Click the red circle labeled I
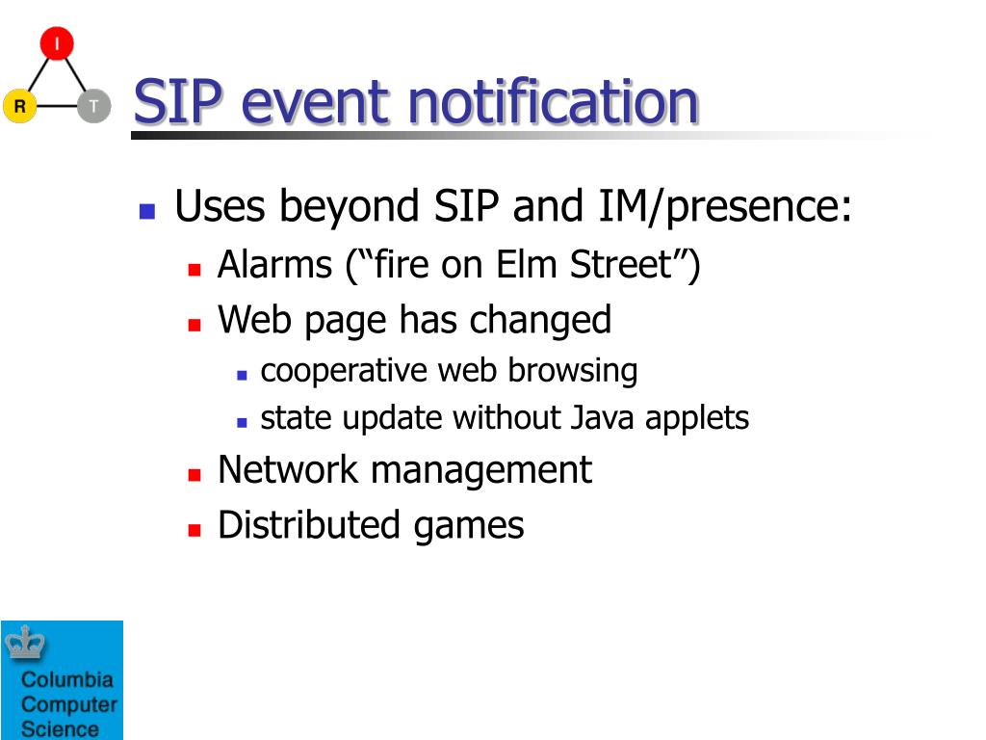tap(57, 43)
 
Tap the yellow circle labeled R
tap(20, 106)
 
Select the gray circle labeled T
tap(94, 106)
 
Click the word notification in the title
tap(554, 101)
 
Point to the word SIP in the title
tap(178, 101)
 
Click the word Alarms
tap(274, 264)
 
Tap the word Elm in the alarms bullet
tap(526, 264)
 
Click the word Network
tap(287, 469)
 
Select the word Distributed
tap(309, 525)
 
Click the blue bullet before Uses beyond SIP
tap(147, 211)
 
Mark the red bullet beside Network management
tap(195, 474)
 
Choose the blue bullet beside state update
tap(242, 423)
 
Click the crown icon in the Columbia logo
tap(25, 643)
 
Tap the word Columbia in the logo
tap(67, 679)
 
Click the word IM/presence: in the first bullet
tap(724, 207)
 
